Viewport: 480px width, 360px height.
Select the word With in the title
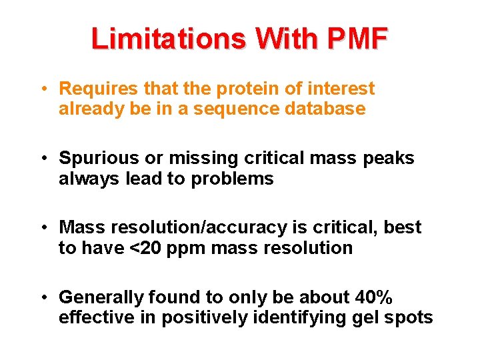pyautogui.click(x=280, y=39)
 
